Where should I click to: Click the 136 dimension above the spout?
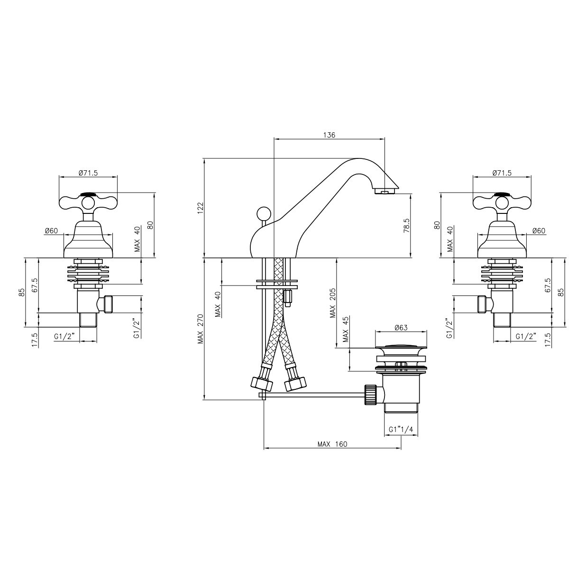click(329, 135)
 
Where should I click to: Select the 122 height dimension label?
click(201, 208)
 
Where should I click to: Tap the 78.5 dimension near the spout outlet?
click(406, 225)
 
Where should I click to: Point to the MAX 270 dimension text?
click(201, 329)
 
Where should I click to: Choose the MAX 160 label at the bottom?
click(332, 444)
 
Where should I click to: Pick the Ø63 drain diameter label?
click(401, 327)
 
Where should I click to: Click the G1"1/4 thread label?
click(401, 430)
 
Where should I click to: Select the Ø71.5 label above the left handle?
click(88, 173)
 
